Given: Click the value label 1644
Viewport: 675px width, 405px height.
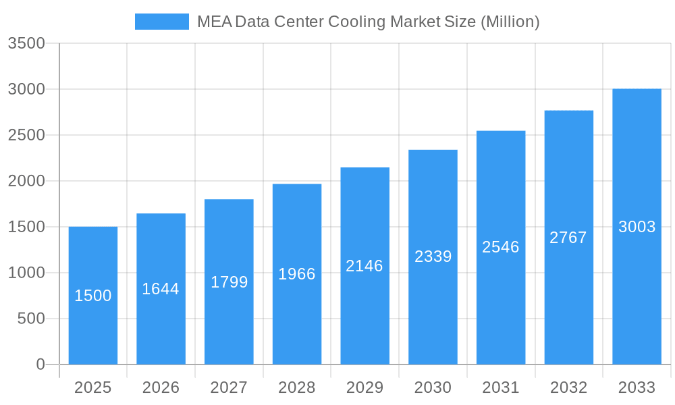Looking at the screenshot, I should point(161,289).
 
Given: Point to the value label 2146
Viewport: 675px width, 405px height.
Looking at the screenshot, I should point(364,266).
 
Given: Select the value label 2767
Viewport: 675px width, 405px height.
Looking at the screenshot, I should point(568,238).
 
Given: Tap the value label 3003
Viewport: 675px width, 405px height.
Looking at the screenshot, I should point(637,227).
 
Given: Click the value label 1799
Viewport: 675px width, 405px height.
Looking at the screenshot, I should point(229,282).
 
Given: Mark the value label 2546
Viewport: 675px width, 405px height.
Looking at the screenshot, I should point(500,247).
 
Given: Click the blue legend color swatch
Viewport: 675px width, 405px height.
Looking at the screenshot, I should point(162,22).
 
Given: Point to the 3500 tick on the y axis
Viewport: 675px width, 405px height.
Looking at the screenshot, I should point(26,43).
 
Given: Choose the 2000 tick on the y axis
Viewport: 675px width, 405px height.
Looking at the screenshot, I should point(26,181).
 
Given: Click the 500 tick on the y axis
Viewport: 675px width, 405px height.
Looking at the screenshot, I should point(31,319).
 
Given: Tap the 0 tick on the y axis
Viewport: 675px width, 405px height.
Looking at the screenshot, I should point(40,364).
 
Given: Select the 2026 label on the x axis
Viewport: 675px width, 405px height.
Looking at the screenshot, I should point(161,387).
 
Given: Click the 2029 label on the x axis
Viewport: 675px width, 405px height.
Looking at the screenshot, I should point(364,387).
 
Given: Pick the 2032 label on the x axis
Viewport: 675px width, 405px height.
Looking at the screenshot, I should point(568,387).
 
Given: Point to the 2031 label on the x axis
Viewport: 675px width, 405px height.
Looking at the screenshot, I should point(500,387).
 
